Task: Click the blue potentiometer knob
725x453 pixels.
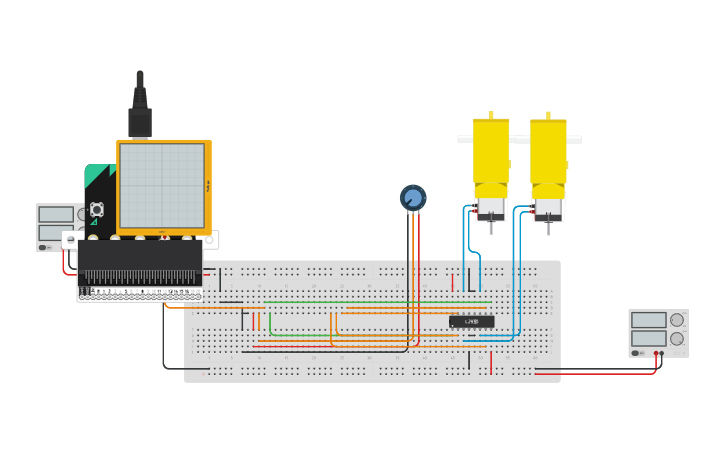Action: click(413, 197)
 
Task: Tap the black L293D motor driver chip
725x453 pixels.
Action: click(471, 321)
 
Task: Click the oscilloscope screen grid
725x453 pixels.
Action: click(161, 186)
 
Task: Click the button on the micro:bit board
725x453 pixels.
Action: click(97, 209)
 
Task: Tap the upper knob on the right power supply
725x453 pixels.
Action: click(677, 320)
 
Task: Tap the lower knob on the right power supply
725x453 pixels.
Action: click(677, 338)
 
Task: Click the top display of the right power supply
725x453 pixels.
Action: click(648, 320)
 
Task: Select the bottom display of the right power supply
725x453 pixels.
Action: click(648, 338)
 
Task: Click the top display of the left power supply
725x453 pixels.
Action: click(56, 214)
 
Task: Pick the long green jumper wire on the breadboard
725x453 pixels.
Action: click(380, 302)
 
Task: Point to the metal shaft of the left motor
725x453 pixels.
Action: click(491, 226)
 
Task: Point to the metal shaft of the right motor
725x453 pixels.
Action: click(548, 227)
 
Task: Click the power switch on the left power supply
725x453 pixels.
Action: click(43, 247)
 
